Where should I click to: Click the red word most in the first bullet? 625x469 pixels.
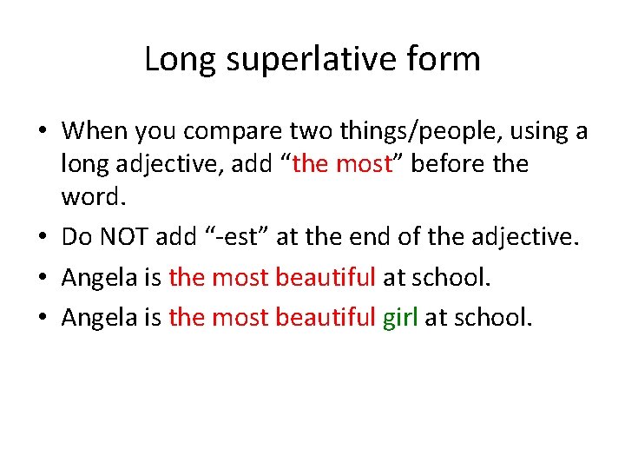(x=363, y=163)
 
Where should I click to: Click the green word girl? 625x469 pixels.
(x=400, y=317)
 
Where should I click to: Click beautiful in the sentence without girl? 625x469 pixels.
(x=325, y=277)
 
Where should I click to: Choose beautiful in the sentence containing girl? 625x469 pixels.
(x=325, y=317)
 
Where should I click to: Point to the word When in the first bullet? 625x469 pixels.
(x=95, y=132)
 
